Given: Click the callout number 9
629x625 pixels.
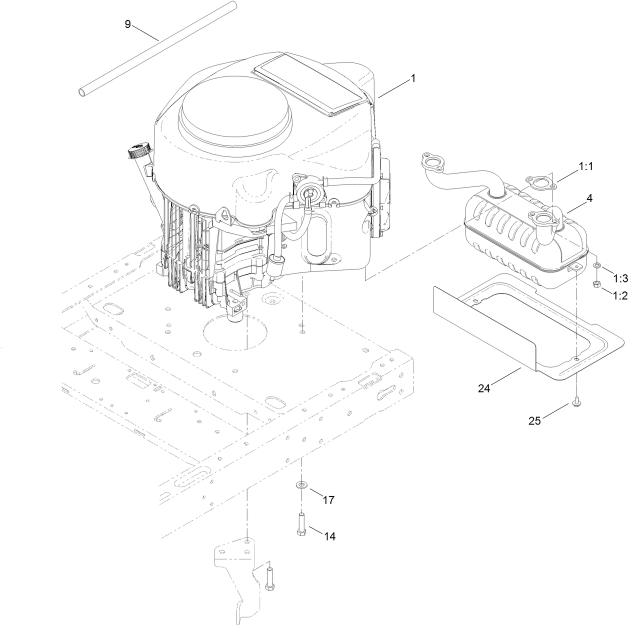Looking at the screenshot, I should click(x=127, y=24).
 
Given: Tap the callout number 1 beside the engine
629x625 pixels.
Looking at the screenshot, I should click(x=412, y=78).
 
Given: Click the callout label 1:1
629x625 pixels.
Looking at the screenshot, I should click(x=585, y=166).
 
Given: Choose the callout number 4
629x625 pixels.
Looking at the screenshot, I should click(x=589, y=198).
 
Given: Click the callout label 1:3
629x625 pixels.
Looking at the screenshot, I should click(x=619, y=278).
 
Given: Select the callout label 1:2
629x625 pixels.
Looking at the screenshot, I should click(x=619, y=295).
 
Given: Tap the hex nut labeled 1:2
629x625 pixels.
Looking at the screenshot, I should click(x=596, y=284).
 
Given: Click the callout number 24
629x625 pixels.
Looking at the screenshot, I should click(x=483, y=387).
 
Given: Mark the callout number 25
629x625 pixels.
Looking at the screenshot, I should click(x=534, y=420).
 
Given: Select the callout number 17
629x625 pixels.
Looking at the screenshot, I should click(x=328, y=499).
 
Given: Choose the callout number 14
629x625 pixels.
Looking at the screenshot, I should click(x=329, y=536).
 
